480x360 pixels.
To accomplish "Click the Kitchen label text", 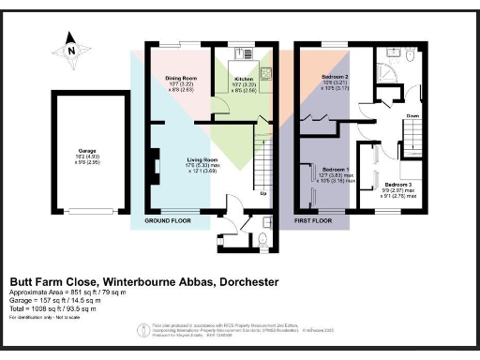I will click(244, 80).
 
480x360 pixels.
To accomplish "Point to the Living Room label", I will click(202, 160).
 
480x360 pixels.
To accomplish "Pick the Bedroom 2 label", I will click(335, 76).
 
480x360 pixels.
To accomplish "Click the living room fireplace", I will click(151, 167).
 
